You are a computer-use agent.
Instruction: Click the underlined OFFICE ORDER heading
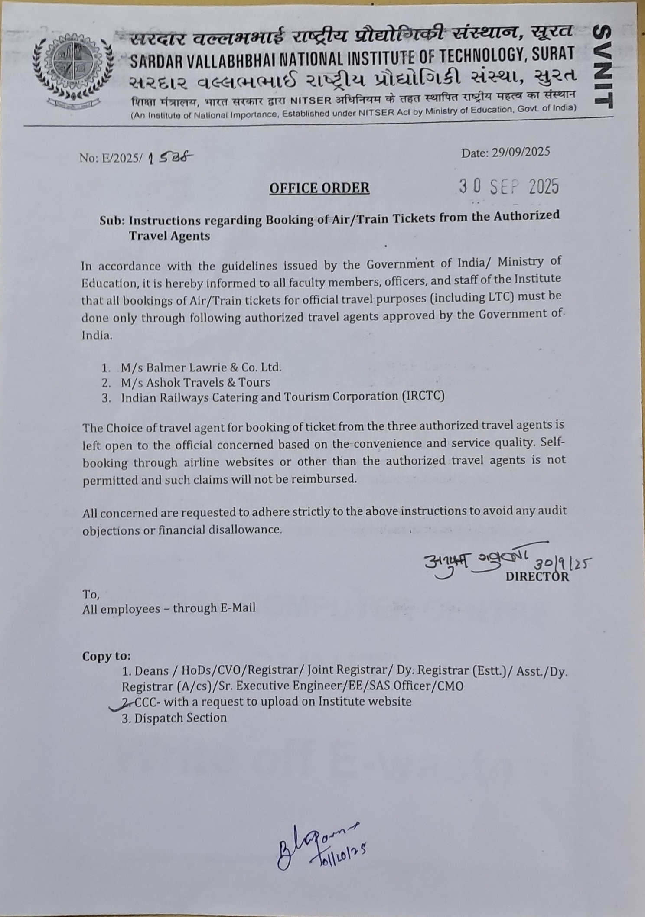319,188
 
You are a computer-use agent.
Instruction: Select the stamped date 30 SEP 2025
509,187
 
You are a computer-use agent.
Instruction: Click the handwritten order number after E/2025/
170,158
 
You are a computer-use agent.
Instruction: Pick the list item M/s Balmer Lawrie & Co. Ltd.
201,367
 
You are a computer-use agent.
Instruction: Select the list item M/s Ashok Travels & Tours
195,382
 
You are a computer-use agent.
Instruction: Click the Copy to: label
107,656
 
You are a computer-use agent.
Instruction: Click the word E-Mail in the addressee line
238,608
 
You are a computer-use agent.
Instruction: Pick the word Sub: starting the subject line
112,221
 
